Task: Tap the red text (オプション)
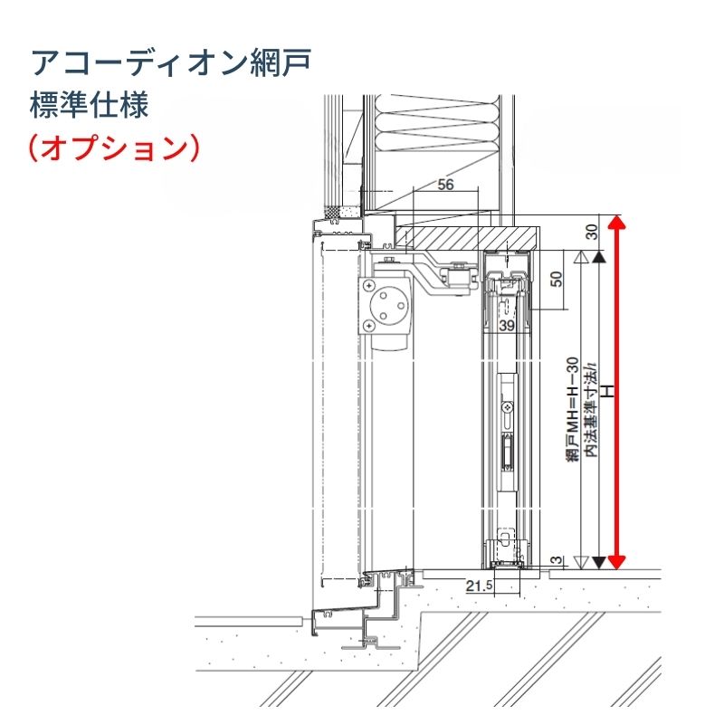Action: click(x=113, y=147)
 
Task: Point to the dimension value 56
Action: click(x=444, y=185)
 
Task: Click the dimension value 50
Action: click(x=557, y=280)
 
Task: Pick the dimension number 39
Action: click(x=507, y=325)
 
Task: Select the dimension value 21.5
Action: click(x=479, y=586)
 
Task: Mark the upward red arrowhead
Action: click(x=616, y=224)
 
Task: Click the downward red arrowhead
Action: click(x=616, y=563)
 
